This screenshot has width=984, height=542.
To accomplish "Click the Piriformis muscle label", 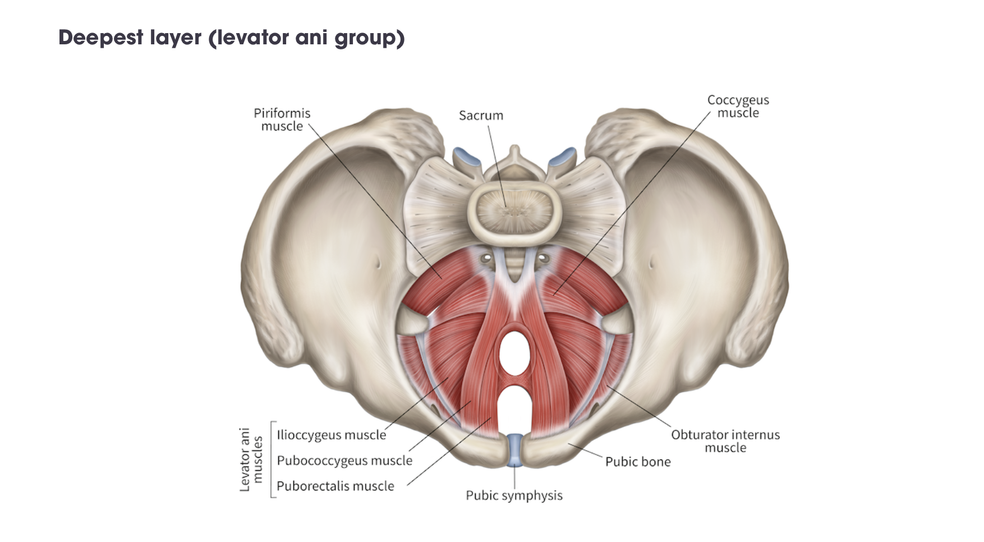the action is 282,120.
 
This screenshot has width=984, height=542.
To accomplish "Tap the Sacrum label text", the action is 481,116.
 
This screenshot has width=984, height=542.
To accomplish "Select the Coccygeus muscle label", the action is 738,107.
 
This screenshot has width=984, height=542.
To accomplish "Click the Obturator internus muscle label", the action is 725,441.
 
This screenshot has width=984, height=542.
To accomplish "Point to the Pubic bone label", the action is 637,462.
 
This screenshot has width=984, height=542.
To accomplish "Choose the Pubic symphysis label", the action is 514,495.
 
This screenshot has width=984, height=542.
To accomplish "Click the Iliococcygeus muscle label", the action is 331,435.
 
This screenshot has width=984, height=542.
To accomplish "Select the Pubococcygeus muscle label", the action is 344,461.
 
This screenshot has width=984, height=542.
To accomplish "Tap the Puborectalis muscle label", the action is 335,486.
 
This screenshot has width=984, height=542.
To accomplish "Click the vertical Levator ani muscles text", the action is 251,460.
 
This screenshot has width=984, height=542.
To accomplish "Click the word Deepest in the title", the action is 99,38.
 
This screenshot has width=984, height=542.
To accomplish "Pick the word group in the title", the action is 369,38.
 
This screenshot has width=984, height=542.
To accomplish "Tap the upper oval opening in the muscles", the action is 514,353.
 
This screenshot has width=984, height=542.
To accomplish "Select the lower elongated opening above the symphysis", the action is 514,410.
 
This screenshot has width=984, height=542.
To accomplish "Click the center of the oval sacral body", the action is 514,210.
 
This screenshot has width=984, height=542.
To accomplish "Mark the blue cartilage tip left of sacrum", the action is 468,156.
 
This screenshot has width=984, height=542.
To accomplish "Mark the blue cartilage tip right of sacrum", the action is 562,155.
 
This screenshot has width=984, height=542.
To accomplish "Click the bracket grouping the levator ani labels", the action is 272,460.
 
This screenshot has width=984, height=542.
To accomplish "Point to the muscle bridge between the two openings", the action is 514,381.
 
